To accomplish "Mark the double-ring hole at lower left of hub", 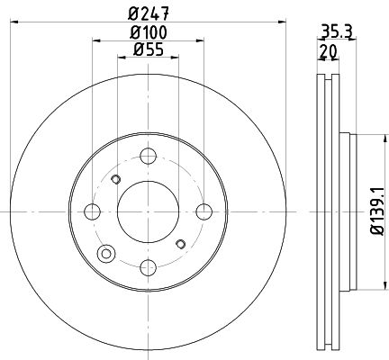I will point(107,254).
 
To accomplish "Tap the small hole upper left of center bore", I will point(114,180).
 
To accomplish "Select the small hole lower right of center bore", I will point(180,243).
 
